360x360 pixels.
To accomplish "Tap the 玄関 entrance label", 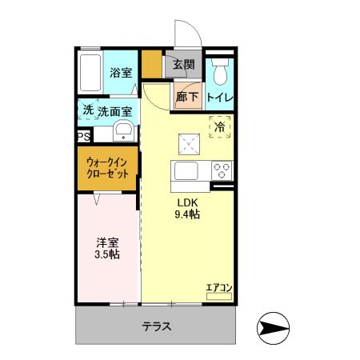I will (x=183, y=64).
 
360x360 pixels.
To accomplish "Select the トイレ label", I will (x=219, y=97).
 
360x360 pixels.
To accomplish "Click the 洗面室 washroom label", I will (x=116, y=111).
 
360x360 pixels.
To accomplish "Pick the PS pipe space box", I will (x=83, y=137).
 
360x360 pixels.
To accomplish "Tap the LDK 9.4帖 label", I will (x=188, y=208).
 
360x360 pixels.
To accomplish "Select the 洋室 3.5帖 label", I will (x=106, y=246).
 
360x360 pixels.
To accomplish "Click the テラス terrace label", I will (x=158, y=327).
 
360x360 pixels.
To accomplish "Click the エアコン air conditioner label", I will (x=218, y=287).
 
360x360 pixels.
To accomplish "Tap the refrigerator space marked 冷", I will (x=218, y=126).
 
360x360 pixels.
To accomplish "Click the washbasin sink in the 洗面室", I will (x=124, y=132).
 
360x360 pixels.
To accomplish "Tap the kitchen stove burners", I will (x=221, y=170).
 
